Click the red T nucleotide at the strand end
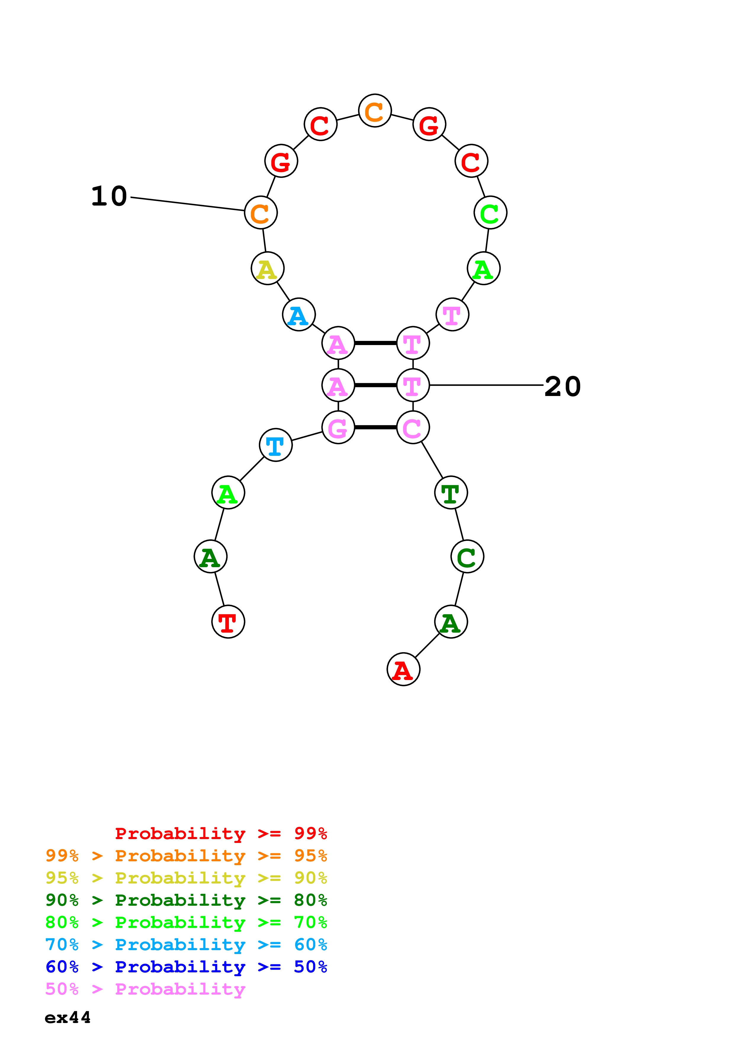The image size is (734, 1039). [228, 621]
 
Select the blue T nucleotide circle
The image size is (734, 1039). [275, 445]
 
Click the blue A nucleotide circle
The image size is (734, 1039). [298, 315]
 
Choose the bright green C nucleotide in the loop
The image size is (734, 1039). [490, 212]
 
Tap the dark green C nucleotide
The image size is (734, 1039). [467, 556]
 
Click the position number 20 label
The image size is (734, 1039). [562, 387]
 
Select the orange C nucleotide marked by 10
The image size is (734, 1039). [261, 212]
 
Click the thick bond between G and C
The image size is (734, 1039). [375, 427]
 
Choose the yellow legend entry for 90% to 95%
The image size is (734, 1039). [186, 878]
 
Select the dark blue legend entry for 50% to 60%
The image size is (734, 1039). [186, 967]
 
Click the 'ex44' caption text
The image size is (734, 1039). [68, 1017]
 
